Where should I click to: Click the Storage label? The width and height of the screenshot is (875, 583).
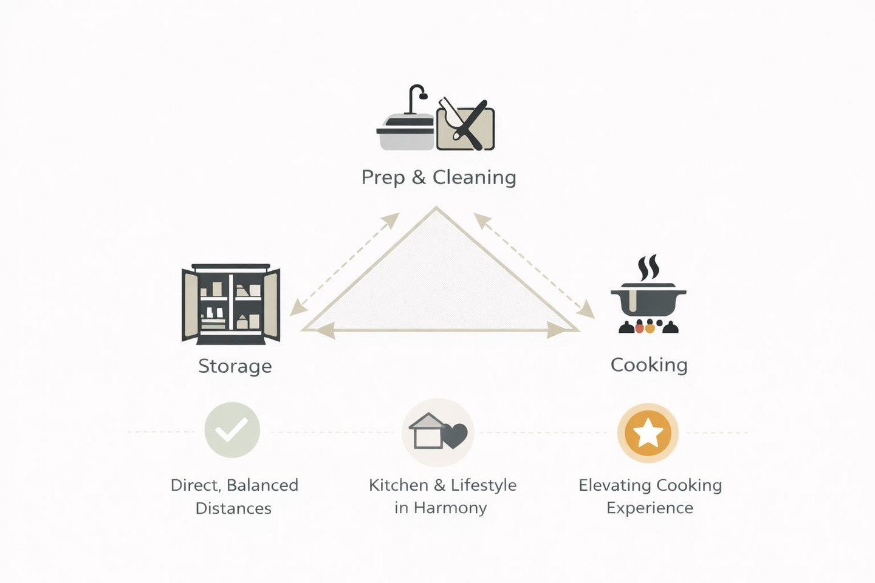pyautogui.click(x=235, y=366)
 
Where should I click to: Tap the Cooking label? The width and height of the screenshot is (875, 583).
pyautogui.click(x=649, y=365)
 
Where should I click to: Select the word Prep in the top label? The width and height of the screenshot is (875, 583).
pyautogui.click(x=383, y=177)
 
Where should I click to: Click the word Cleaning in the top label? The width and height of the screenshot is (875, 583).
pyautogui.click(x=474, y=177)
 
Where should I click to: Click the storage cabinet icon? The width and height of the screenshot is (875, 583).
pyautogui.click(x=231, y=304)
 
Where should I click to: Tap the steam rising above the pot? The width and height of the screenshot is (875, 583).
pyautogui.click(x=648, y=268)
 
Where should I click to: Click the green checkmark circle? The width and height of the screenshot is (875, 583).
pyautogui.click(x=232, y=430)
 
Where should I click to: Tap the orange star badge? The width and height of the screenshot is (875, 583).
pyautogui.click(x=648, y=433)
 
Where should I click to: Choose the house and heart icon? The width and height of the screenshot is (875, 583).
pyautogui.click(x=438, y=432)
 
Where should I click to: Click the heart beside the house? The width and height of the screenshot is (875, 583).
pyautogui.click(x=455, y=435)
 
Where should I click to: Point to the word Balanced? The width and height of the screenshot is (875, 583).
pyautogui.click(x=262, y=485)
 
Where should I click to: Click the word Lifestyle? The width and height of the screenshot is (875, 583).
pyautogui.click(x=484, y=485)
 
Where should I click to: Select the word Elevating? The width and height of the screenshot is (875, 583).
pyautogui.click(x=614, y=485)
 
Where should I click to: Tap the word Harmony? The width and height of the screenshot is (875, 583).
pyautogui.click(x=450, y=508)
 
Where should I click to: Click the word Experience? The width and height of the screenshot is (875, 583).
pyautogui.click(x=650, y=508)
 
